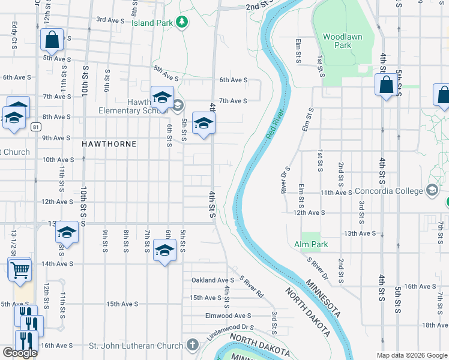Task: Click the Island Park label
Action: (152, 23)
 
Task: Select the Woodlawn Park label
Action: (342, 41)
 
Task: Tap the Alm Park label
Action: (311, 245)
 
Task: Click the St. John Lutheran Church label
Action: (136, 346)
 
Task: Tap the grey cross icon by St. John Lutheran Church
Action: (192, 345)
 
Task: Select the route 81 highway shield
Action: (37, 127)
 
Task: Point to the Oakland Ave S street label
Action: (212, 280)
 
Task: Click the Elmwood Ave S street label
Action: (228, 316)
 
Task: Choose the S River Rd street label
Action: (252, 287)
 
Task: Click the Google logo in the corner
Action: (20, 353)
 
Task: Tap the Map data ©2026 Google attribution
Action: (411, 355)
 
